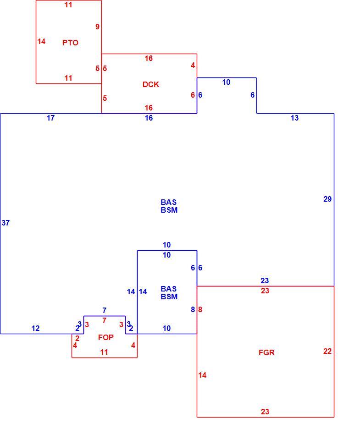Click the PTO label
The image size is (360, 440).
[70, 43]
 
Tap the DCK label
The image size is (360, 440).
[151, 84]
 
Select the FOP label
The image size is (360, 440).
[106, 337]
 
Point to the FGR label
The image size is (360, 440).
[266, 352]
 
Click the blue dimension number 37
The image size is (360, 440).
[6, 223]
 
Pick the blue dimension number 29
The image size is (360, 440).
[327, 199]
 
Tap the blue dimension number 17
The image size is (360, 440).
[50, 118]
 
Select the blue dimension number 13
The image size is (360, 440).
[294, 118]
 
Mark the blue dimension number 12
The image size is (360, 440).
[35, 328]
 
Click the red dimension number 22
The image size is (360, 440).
[327, 352]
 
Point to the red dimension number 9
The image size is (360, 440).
[97, 27]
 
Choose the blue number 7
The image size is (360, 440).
[105, 310]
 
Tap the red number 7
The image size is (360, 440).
[105, 320]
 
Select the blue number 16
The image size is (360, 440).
[149, 118]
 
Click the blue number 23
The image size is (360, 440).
[265, 280]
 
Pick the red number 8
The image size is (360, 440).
[200, 309]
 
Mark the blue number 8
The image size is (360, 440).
[193, 309]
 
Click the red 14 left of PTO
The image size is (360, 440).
[42, 42]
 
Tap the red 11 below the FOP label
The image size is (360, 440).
[104, 352]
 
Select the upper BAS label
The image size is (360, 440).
[169, 202]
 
